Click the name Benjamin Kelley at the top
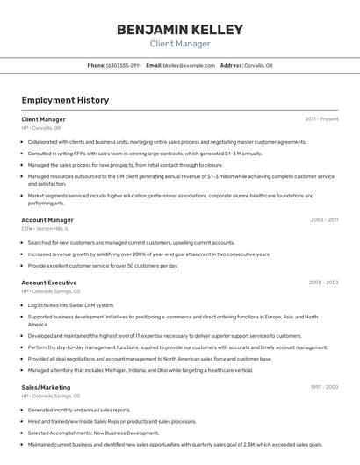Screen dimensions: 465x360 (x=180, y=30)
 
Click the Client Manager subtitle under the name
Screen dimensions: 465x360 (x=180, y=44)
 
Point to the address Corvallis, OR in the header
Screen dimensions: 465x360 (x=257, y=65)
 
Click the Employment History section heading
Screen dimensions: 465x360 (x=65, y=100)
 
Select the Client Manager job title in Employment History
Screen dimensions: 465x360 (x=43, y=119)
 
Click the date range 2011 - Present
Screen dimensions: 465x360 (x=321, y=119)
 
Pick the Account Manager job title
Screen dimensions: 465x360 (x=47, y=220)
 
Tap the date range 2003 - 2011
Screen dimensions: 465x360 (x=324, y=220)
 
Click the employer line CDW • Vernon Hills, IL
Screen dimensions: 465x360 (x=45, y=228)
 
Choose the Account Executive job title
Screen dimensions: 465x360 (x=49, y=283)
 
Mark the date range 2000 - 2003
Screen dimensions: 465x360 (x=323, y=283)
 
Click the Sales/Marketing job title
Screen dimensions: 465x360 (x=46, y=387)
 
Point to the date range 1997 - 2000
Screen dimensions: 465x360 (x=324, y=387)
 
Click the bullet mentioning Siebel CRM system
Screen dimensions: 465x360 (x=70, y=305)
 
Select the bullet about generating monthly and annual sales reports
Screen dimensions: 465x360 (x=79, y=410)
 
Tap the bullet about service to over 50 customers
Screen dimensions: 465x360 (x=103, y=265)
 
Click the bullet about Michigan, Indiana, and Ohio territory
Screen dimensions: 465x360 (x=140, y=370)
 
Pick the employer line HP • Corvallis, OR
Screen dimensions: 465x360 (x=41, y=128)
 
